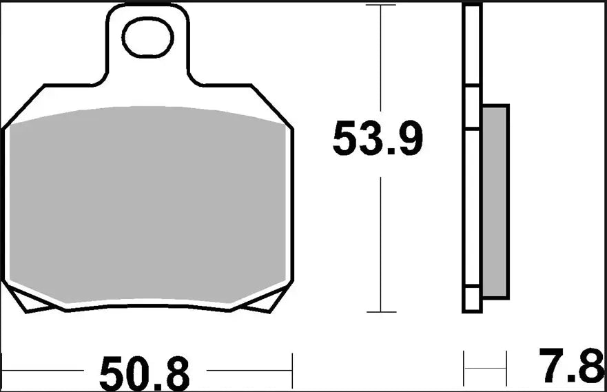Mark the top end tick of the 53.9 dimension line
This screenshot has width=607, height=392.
click(381, 5)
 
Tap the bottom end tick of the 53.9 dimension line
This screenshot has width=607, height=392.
click(381, 312)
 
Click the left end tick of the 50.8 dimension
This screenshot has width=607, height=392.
click(4, 372)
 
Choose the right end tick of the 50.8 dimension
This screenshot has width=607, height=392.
click(293, 372)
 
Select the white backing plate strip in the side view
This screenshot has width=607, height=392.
click(473, 158)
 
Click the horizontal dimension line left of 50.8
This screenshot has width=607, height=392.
click(48, 373)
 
